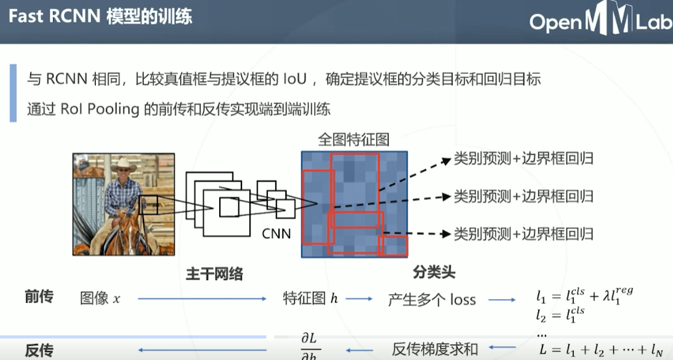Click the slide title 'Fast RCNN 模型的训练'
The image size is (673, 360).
click(100, 17)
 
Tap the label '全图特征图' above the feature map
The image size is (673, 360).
click(353, 139)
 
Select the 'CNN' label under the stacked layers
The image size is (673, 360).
click(276, 233)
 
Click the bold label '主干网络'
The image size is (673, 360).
click(214, 274)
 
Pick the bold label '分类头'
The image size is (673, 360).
click(433, 272)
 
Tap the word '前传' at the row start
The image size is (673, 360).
click(39, 297)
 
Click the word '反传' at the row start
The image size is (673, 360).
click(39, 351)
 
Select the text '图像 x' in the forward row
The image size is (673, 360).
click(100, 299)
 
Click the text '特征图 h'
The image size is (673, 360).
click(310, 299)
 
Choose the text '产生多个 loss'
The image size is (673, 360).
click(432, 300)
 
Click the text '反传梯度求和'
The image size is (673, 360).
click(435, 350)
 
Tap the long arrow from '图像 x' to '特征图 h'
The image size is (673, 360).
click(202, 299)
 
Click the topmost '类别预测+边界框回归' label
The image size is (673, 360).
click(523, 159)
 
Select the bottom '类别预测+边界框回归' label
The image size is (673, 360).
click(523, 234)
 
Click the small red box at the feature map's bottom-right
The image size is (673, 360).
click(394, 246)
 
